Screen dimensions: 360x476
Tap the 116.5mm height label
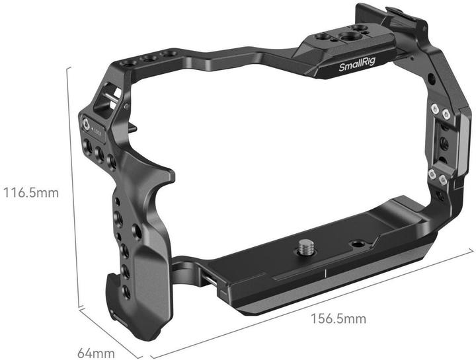point(31,193)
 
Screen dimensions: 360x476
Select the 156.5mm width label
point(338,319)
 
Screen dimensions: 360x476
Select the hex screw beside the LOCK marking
point(85,124)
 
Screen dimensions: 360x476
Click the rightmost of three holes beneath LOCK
point(111,161)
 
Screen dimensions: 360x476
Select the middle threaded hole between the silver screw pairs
point(442,143)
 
